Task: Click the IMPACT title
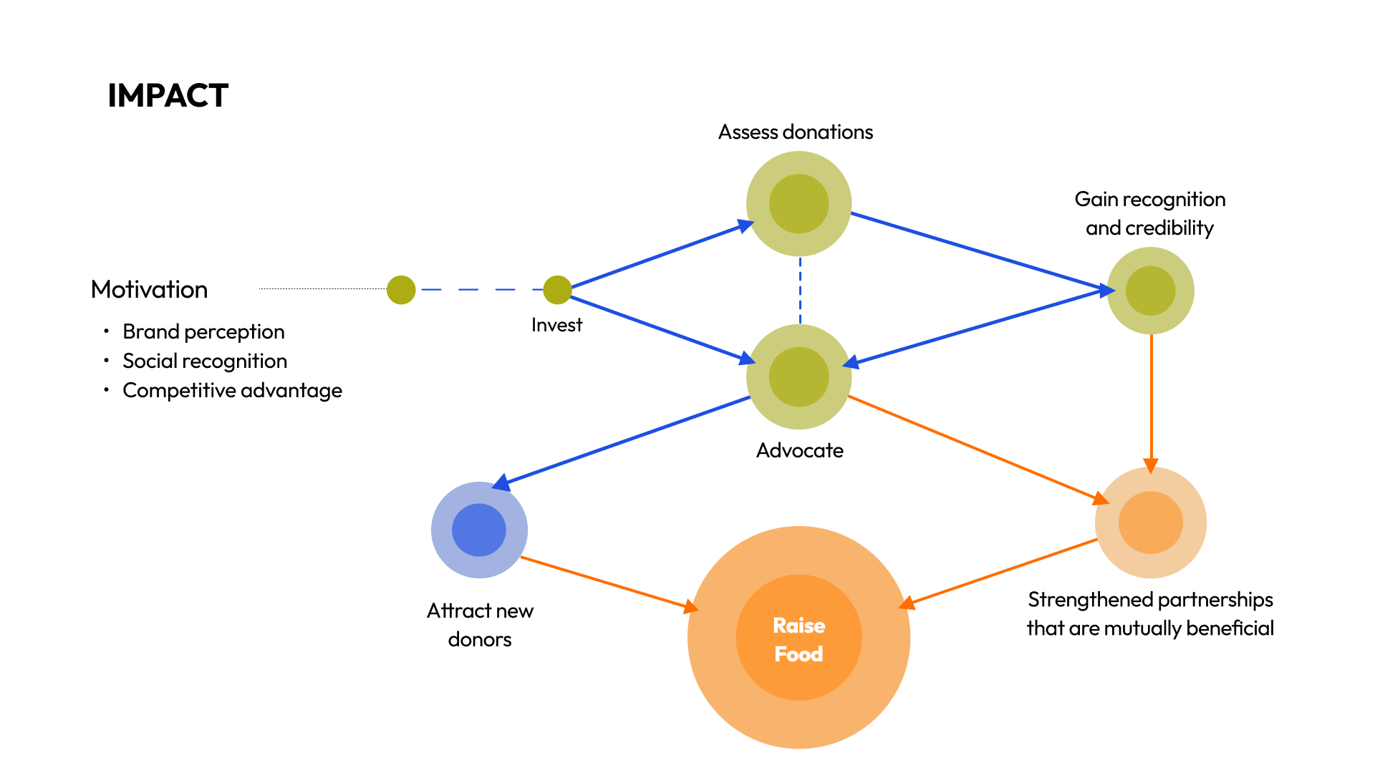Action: pos(168,96)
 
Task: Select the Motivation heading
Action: pos(149,290)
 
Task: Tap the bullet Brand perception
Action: pos(203,332)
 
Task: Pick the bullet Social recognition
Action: pos(205,361)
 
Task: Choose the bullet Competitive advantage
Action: pos(232,391)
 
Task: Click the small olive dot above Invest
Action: pos(557,290)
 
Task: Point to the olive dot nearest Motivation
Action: pos(401,290)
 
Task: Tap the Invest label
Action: pos(556,326)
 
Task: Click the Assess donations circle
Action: pos(799,204)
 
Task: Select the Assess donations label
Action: pos(796,132)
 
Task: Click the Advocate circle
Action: pos(799,377)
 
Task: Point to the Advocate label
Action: pos(799,451)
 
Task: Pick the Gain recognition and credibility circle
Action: pos(1150,291)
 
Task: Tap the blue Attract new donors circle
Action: pos(479,530)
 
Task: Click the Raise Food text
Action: pos(799,639)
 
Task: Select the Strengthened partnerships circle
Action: pos(1150,522)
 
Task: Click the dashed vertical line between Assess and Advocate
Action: pos(800,291)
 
